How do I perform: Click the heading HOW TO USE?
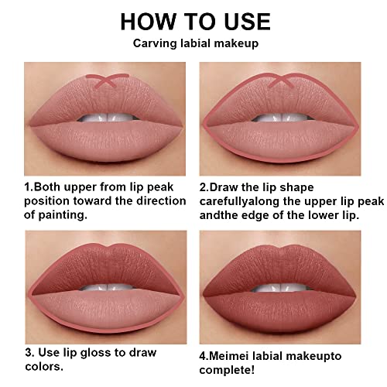click(x=193, y=20)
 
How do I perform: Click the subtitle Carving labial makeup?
click(x=193, y=43)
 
